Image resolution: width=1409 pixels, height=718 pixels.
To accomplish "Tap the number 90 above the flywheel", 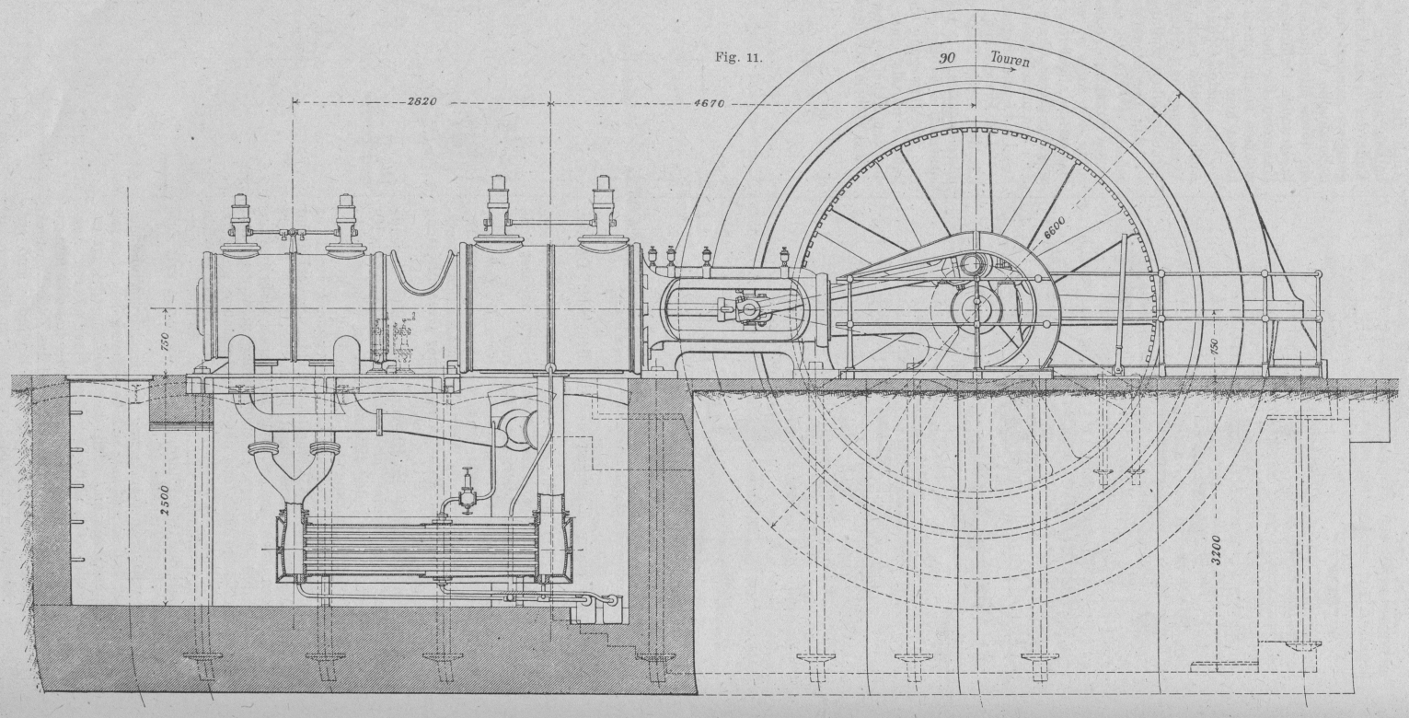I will point(947,58).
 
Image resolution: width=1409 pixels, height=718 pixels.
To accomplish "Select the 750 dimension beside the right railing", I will point(1216,348).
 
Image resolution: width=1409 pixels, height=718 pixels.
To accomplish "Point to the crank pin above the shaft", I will point(972,265).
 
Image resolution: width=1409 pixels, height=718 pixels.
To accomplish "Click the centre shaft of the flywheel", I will point(974,308).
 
